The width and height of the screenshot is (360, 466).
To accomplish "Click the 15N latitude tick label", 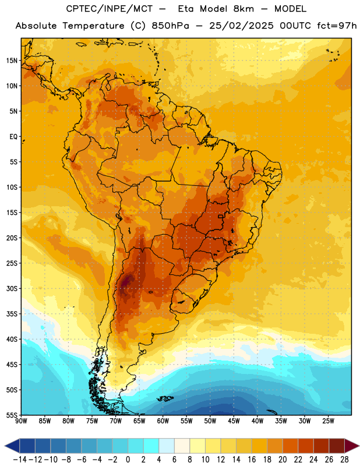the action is pos(12,61).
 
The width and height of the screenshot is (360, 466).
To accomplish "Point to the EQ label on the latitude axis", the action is pos(13,137).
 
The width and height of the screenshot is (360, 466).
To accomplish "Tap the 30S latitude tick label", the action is pos(12,288).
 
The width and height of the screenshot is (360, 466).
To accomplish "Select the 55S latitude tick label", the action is pos(12,415).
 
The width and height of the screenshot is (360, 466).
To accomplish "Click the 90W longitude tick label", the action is pos(21,421).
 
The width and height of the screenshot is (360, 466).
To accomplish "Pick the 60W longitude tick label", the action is pos(163,421).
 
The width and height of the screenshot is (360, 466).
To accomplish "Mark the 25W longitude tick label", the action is pos(328,421).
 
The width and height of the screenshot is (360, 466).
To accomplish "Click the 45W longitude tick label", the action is pos(234,421).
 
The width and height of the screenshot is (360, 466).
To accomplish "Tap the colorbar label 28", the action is pos(344,460).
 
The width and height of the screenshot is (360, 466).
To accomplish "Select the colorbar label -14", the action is pos(20,460).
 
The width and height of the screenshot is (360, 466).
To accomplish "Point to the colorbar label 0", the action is pos(128,460).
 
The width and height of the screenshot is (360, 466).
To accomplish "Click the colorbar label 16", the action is pos(252,460).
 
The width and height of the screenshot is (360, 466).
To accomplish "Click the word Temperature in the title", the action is pos(93,26).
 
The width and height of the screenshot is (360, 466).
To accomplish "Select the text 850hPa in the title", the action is pos(170,26).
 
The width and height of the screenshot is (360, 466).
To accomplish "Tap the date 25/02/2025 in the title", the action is pos(241,26).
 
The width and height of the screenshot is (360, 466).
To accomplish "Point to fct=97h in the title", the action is pos(337,26).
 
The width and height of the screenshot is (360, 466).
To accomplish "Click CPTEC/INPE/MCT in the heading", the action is pos(110,9).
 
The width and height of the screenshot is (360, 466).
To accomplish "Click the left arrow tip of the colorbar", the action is pos(5,446).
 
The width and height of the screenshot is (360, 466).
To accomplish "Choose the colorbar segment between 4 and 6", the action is pos(167,446).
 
